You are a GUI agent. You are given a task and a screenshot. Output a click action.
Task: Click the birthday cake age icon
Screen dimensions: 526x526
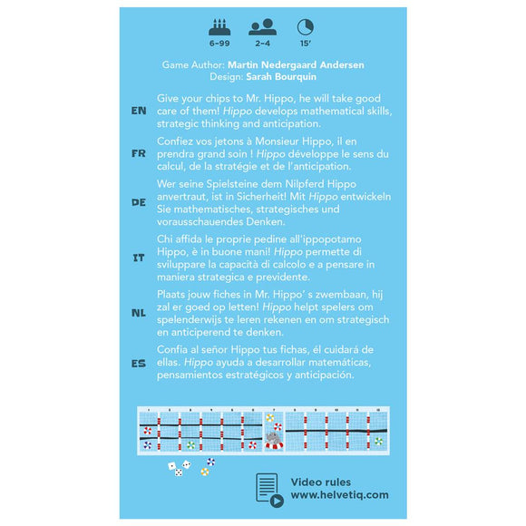pos(219,27)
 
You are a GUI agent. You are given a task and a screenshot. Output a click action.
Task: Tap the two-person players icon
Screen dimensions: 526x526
pos(263,27)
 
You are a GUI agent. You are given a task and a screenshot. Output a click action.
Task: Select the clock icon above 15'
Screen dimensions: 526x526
pos(306,27)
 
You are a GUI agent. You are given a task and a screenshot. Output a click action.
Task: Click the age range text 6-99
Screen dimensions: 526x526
pos(219,44)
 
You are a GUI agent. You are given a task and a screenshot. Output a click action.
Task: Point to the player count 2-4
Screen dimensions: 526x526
pos(263,44)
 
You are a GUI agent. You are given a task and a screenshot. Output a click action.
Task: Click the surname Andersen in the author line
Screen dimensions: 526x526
pos(342,64)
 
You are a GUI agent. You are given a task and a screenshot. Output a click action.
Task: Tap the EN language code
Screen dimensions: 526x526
pos(139,111)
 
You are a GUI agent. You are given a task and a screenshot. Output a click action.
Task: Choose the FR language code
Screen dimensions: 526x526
pos(139,153)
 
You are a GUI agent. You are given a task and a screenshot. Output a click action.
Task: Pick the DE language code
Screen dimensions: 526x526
pos(139,202)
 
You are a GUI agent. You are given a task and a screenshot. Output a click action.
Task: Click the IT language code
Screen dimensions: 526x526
pos(139,258)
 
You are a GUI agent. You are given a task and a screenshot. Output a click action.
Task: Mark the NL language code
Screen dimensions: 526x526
pos(139,313)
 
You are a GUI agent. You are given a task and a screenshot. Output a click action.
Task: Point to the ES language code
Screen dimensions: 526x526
pos(139,364)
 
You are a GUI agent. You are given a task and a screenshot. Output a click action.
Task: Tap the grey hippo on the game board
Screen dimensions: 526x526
pos(274,438)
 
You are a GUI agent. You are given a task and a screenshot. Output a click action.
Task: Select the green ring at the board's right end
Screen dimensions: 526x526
pos(379,442)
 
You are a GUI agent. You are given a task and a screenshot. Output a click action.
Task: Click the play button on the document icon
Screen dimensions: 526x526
pos(277,502)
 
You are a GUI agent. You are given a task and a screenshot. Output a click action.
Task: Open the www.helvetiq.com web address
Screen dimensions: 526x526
pos(339,495)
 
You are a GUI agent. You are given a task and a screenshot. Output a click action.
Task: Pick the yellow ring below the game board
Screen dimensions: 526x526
pos(205,472)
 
